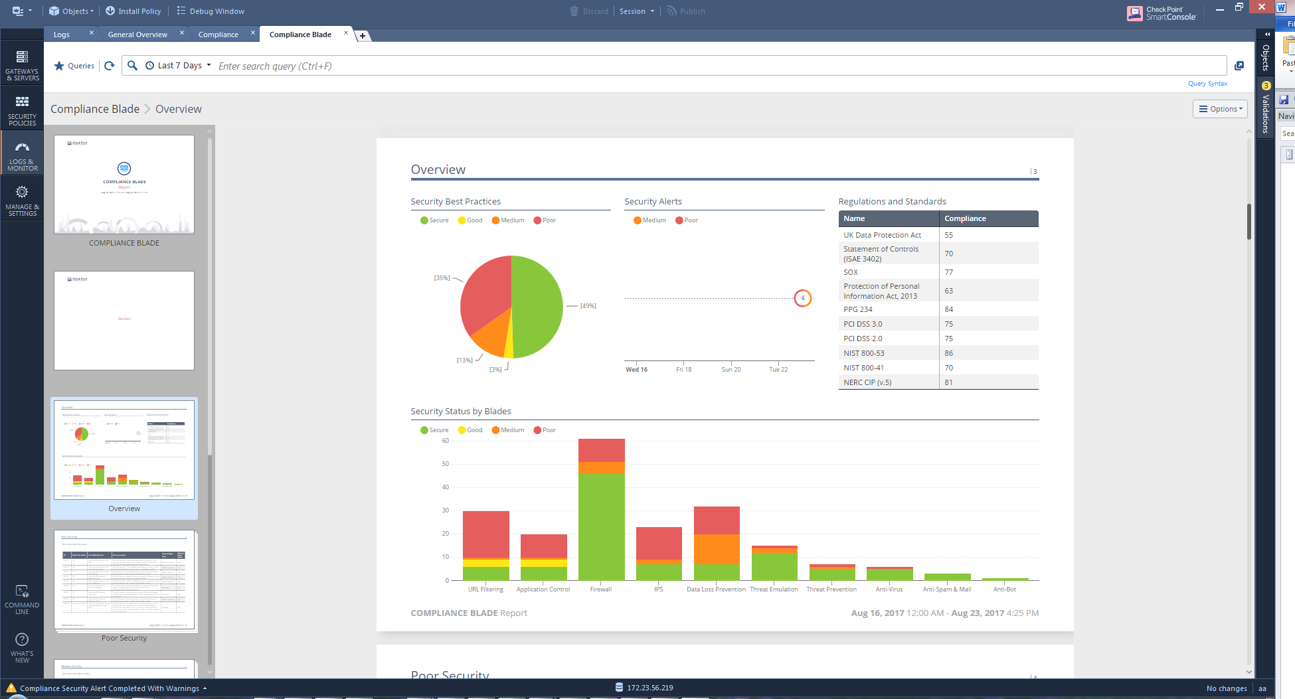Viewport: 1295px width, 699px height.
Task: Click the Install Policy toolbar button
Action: [x=133, y=11]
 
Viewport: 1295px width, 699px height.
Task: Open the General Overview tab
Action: [x=137, y=35]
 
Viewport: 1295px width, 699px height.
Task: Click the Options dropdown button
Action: [x=1220, y=109]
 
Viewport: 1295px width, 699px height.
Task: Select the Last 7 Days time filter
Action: [x=179, y=66]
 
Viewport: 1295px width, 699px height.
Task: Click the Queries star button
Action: [x=74, y=66]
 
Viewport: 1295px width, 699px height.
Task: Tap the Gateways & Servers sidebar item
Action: [x=22, y=66]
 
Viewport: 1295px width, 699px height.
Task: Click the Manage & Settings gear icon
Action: [x=22, y=193]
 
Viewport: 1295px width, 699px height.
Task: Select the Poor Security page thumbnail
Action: [x=124, y=581]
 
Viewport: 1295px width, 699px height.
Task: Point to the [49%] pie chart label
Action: [x=588, y=306]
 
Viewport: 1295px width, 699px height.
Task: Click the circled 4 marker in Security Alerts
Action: [x=802, y=298]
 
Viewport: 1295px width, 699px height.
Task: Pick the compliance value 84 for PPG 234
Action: [x=948, y=309]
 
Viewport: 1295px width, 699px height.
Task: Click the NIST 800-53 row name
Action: [x=863, y=353]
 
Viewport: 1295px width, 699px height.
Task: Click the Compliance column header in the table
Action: [x=965, y=218]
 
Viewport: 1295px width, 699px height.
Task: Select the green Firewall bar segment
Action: [x=601, y=524]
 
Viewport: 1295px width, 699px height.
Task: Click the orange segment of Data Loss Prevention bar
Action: [x=717, y=548]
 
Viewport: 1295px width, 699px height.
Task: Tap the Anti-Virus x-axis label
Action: [x=889, y=589]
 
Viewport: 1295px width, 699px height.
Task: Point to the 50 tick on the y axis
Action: [x=445, y=464]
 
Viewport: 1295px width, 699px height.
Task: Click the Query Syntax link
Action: [x=1207, y=84]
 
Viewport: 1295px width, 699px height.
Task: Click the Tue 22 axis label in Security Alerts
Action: [x=778, y=370]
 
